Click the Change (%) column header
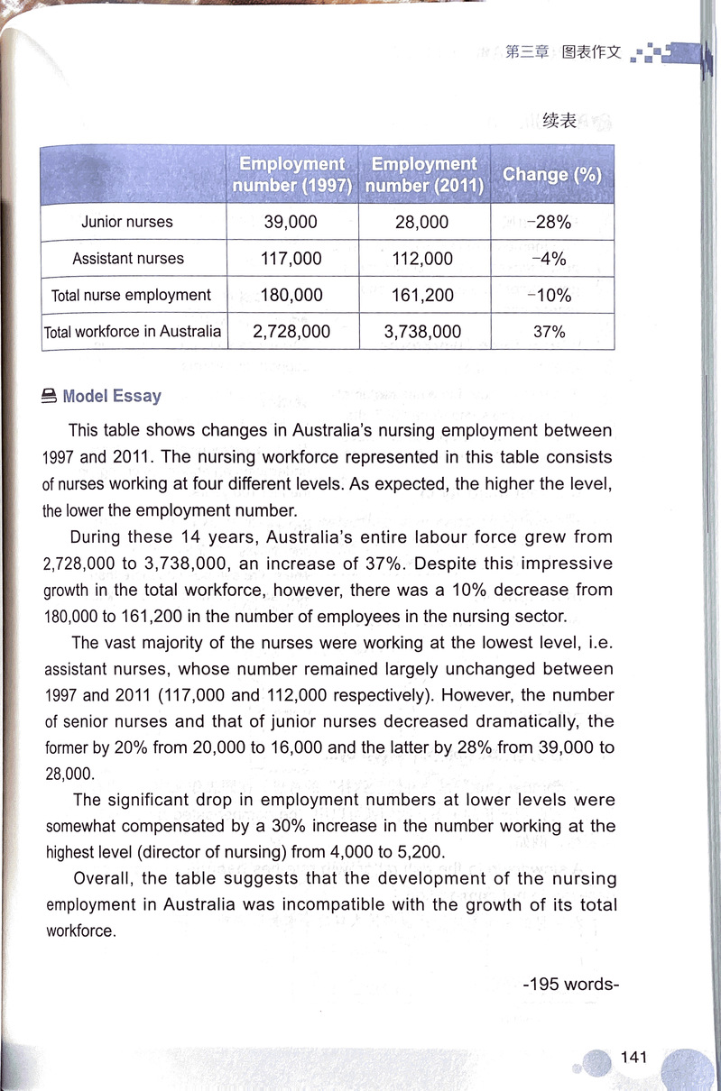point(552,175)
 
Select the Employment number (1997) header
point(291,175)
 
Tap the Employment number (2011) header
point(424,175)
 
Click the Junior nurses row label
point(127,222)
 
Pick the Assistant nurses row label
point(128,259)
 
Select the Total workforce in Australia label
point(133,331)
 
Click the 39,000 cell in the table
point(291,222)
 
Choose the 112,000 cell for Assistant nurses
point(423,259)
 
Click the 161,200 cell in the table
point(423,295)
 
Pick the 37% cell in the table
point(549,332)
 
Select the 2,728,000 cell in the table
point(291,332)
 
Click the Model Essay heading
point(111,396)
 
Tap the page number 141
point(634,1058)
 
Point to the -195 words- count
point(570,984)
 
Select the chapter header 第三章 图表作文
point(564,52)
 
